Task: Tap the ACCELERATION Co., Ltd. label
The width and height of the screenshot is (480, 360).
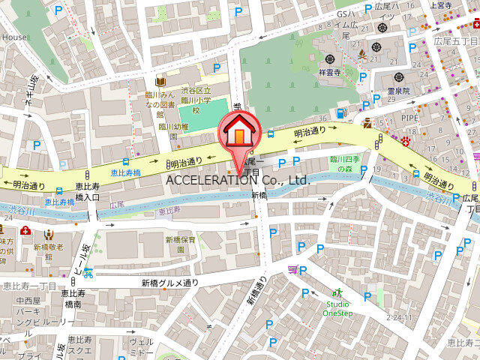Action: [238, 180]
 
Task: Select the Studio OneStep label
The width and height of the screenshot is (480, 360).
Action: [337, 308]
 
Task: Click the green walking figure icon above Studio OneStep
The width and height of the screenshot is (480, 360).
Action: [337, 292]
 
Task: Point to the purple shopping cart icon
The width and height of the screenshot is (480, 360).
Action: [292, 269]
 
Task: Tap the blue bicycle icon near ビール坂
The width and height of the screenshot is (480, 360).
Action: [88, 272]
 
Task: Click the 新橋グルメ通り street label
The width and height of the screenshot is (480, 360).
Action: [170, 283]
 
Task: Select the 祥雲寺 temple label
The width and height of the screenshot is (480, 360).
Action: [330, 73]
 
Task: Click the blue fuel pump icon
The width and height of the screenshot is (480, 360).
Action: [341, 114]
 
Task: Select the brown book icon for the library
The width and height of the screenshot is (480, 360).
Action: [160, 82]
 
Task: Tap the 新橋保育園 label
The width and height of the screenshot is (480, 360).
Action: [181, 244]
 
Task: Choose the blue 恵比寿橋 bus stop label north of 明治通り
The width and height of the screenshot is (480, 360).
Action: [125, 172]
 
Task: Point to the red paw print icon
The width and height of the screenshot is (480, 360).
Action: [406, 140]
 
